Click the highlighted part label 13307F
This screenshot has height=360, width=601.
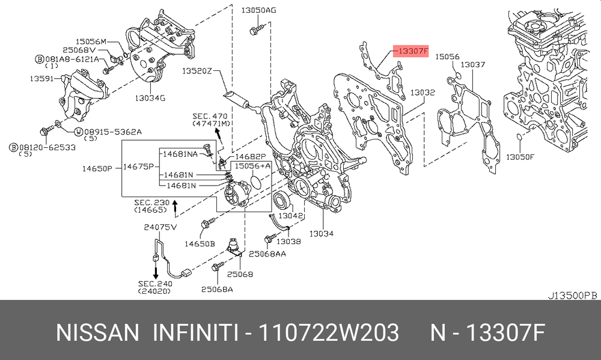point(411,51)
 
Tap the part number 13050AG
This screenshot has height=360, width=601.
point(258,10)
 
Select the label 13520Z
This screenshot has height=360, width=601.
point(197,71)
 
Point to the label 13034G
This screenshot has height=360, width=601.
point(150,98)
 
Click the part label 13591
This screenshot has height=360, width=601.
point(41,79)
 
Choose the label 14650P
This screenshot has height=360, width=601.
point(97,168)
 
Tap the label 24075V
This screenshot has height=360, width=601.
point(160,227)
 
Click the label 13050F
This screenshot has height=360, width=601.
point(520,157)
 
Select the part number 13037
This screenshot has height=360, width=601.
point(472,64)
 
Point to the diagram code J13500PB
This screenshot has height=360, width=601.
point(572,295)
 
